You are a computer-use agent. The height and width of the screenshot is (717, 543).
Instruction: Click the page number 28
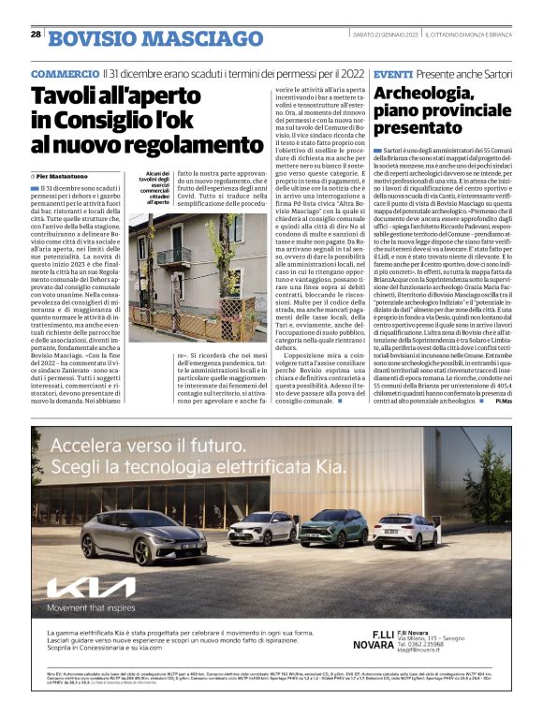pyautogui.click(x=36, y=34)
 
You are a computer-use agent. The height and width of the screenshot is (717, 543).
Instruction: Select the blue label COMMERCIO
pyautogui.click(x=64, y=73)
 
